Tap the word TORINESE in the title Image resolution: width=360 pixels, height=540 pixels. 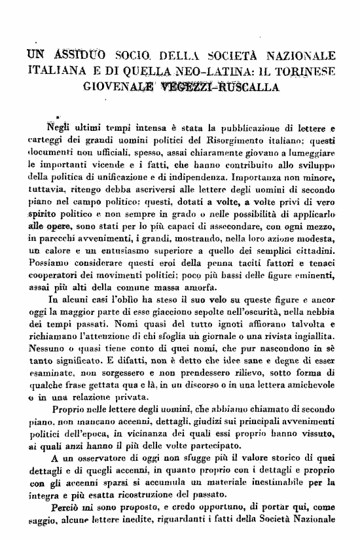[x=306, y=70]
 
